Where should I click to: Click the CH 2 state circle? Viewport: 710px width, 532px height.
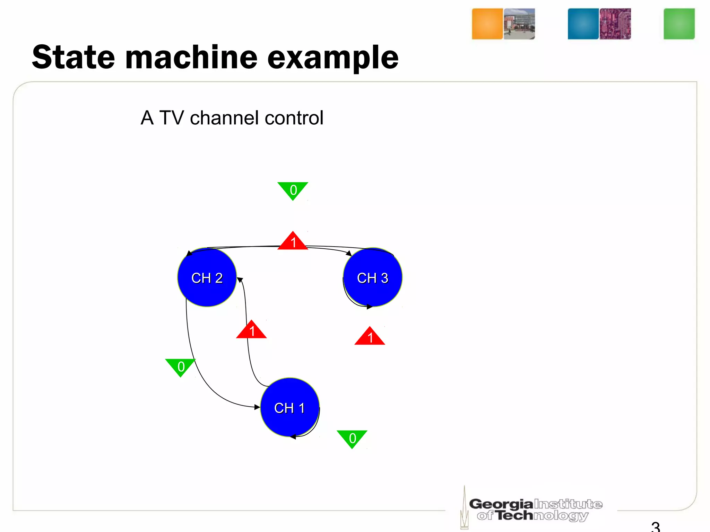coord(207,277)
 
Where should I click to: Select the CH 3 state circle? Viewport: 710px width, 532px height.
coord(373,277)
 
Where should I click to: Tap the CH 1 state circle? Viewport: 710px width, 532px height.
coord(289,407)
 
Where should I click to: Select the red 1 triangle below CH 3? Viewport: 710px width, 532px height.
coord(370,337)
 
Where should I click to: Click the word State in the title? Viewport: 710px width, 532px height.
coord(73,57)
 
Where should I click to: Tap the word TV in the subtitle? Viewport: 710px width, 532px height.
coord(171,118)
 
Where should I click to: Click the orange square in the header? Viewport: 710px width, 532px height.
coord(487,24)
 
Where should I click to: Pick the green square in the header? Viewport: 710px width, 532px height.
coord(679,24)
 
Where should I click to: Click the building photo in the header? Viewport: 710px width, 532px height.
coord(519,24)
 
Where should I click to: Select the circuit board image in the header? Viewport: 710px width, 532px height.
coord(615,24)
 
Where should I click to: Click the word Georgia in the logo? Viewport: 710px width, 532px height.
coord(501,504)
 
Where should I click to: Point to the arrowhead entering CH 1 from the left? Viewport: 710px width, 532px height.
coord(257,407)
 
